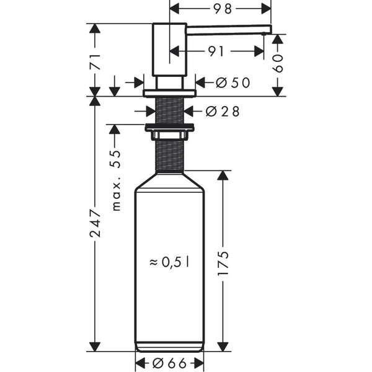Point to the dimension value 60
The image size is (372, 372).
tap(278, 62)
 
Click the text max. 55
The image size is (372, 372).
tap(116, 180)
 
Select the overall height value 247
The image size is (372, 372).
tap(94, 223)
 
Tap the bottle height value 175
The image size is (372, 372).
tap(223, 263)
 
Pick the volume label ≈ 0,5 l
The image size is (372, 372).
tap(169, 262)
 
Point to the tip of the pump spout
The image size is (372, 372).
tap(269, 29)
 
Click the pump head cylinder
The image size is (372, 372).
tap(169, 50)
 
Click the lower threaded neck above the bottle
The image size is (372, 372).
tap(169, 155)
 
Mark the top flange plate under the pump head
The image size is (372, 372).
tap(169, 94)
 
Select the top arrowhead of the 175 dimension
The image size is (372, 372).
tap(223, 175)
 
